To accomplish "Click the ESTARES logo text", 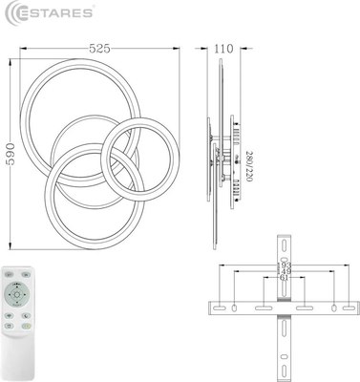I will (53, 13).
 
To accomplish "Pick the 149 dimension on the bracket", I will (285, 273).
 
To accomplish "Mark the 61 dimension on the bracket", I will (285, 281).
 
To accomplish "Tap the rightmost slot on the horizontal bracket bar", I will (339, 308).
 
